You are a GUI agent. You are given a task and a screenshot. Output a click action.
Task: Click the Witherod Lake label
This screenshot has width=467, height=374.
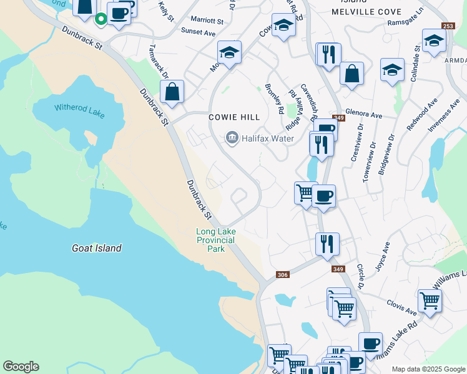[x=79, y=111]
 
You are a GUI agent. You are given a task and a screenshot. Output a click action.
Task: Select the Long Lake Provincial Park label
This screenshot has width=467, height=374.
[x=215, y=240]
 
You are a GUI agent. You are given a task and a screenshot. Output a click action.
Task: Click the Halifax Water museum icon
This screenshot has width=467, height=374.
[x=232, y=138]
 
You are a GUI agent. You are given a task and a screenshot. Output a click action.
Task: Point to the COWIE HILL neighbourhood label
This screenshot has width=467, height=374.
[x=234, y=117]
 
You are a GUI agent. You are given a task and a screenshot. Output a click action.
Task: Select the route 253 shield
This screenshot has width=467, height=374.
[x=447, y=26]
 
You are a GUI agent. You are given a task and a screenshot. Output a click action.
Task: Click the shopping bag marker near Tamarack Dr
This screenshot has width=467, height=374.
[x=172, y=92]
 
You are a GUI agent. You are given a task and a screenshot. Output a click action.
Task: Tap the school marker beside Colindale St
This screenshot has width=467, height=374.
[x=433, y=41]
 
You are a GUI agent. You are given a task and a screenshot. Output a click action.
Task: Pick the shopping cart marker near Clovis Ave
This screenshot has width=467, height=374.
[x=430, y=301]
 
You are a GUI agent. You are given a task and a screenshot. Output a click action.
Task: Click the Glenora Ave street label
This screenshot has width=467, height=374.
[x=363, y=115]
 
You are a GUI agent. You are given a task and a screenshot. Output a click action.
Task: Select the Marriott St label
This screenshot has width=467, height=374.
[x=207, y=21]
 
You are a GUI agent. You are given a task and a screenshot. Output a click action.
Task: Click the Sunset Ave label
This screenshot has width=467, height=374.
[x=197, y=31]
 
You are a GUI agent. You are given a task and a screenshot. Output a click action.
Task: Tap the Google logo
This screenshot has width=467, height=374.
[x=21, y=367]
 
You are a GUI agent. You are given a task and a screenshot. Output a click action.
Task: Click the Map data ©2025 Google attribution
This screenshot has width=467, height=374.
[x=428, y=369]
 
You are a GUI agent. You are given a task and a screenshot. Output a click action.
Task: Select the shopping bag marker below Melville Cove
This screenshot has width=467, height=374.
[x=351, y=73]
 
